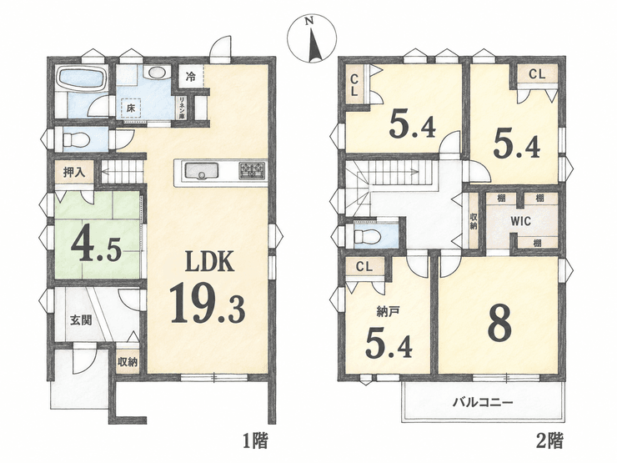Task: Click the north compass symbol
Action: click(x=312, y=39)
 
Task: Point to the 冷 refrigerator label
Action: click(x=190, y=77)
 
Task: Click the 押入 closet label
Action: click(x=74, y=173)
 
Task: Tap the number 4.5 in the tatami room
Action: click(x=95, y=247)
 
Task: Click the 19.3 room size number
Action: click(x=208, y=302)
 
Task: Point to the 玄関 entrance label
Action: click(x=82, y=320)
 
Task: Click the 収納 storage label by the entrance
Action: click(x=128, y=362)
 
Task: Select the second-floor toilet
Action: click(x=368, y=237)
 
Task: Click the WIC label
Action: click(x=521, y=221)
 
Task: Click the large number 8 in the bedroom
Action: click(x=499, y=323)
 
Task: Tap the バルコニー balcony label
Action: click(x=483, y=403)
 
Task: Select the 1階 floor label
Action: click(x=254, y=440)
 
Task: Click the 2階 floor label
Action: click(x=549, y=440)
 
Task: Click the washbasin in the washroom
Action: click(x=157, y=73)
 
